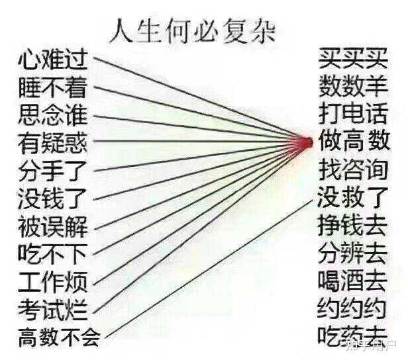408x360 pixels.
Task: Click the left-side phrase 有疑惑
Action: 53,142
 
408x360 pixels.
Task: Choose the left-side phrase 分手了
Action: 53,169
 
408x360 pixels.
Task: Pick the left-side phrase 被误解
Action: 53,225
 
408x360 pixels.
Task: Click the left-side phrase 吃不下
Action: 53,253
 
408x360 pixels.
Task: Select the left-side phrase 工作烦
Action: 53,281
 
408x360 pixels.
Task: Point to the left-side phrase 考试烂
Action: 53,308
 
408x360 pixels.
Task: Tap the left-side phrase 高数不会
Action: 60,337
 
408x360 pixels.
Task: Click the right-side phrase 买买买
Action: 352,58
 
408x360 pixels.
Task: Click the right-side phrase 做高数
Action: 353,141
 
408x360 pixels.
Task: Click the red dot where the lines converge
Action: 306,141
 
